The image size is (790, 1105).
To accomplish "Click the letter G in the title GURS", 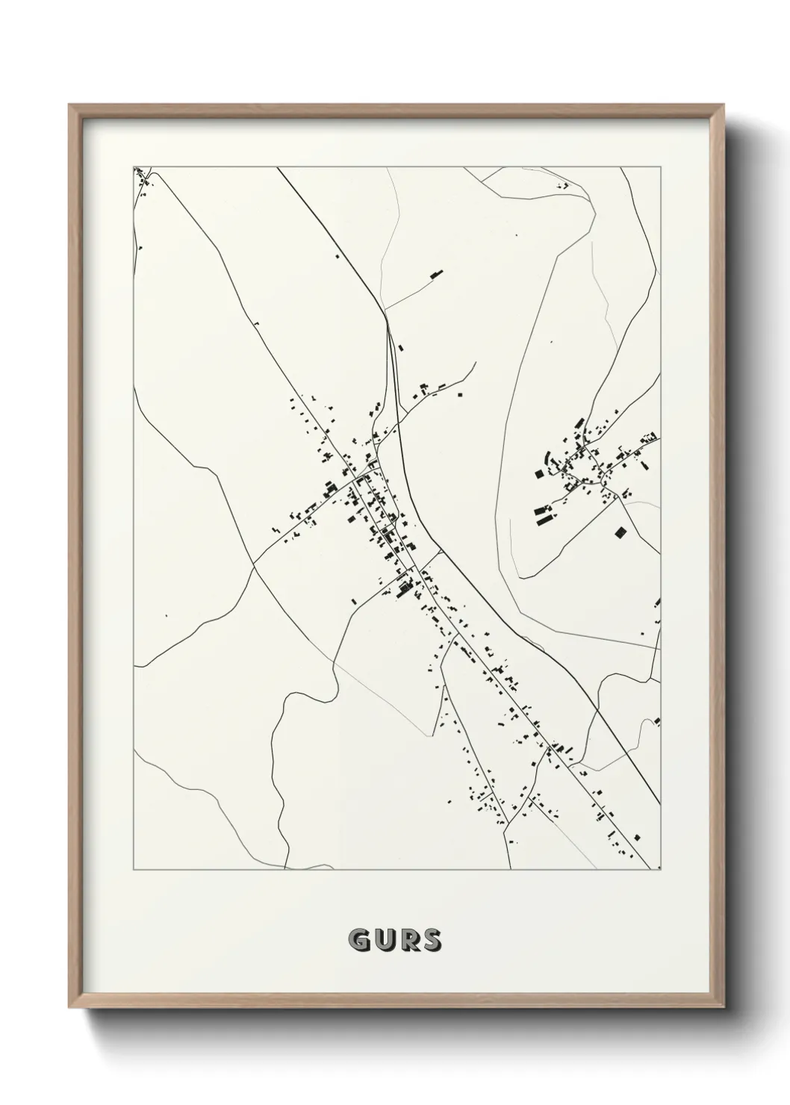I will (x=359, y=941).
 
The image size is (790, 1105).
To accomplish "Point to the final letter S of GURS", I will (x=432, y=941).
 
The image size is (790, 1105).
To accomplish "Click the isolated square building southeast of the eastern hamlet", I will (x=618, y=532).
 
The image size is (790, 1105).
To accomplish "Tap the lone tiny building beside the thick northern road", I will (x=338, y=257).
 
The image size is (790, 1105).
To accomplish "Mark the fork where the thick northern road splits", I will (x=388, y=323).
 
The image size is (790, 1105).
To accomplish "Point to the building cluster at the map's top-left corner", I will (x=141, y=178).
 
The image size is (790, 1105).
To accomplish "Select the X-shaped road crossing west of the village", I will (x=253, y=564).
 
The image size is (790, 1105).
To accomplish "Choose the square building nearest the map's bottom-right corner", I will (x=636, y=836).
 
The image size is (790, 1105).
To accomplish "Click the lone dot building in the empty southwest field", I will (x=166, y=616).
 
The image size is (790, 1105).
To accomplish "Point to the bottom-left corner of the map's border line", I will (x=134, y=870).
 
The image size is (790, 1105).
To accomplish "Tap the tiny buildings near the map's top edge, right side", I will (x=563, y=184).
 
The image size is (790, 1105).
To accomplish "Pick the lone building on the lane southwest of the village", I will (x=354, y=600).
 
